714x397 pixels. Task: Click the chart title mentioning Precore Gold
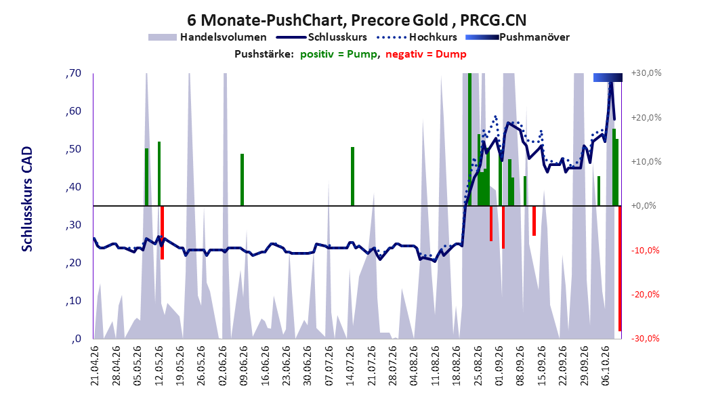click(x=356, y=20)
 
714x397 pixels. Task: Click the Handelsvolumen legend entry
click(x=208, y=37)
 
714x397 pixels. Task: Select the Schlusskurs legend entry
click(x=322, y=37)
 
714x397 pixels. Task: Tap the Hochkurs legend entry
click(x=417, y=37)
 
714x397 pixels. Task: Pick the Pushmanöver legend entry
click(x=518, y=37)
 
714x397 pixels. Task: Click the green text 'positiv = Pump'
click(x=338, y=54)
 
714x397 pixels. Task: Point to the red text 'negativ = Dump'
click(x=426, y=54)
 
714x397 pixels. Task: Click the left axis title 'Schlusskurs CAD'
click(x=27, y=198)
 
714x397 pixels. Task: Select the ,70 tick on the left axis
click(x=73, y=73)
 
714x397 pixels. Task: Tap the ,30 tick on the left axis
click(x=73, y=225)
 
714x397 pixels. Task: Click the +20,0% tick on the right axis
click(x=646, y=117)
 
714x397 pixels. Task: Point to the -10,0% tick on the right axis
click(x=645, y=251)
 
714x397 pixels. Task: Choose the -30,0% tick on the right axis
click(x=645, y=339)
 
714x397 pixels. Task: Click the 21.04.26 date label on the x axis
click(x=95, y=366)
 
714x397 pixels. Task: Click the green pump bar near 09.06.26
click(x=243, y=180)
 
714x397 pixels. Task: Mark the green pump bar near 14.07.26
click(x=352, y=176)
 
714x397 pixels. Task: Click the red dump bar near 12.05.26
click(x=162, y=232)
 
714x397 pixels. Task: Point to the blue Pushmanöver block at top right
click(x=608, y=78)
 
